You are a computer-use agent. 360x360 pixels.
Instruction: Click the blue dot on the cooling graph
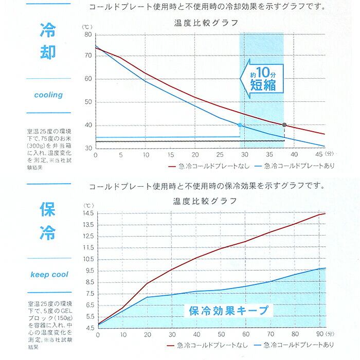[x=240, y=125]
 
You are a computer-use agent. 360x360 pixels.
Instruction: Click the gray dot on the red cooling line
[x=284, y=125]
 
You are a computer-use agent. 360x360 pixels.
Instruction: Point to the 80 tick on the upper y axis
[x=88, y=34]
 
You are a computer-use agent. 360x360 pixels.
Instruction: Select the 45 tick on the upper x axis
[x=319, y=154]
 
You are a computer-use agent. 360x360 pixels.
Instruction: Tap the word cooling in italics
[x=48, y=95]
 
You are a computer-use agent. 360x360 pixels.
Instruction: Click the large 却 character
[x=48, y=55]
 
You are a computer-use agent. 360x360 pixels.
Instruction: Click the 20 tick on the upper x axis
[x=195, y=154]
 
